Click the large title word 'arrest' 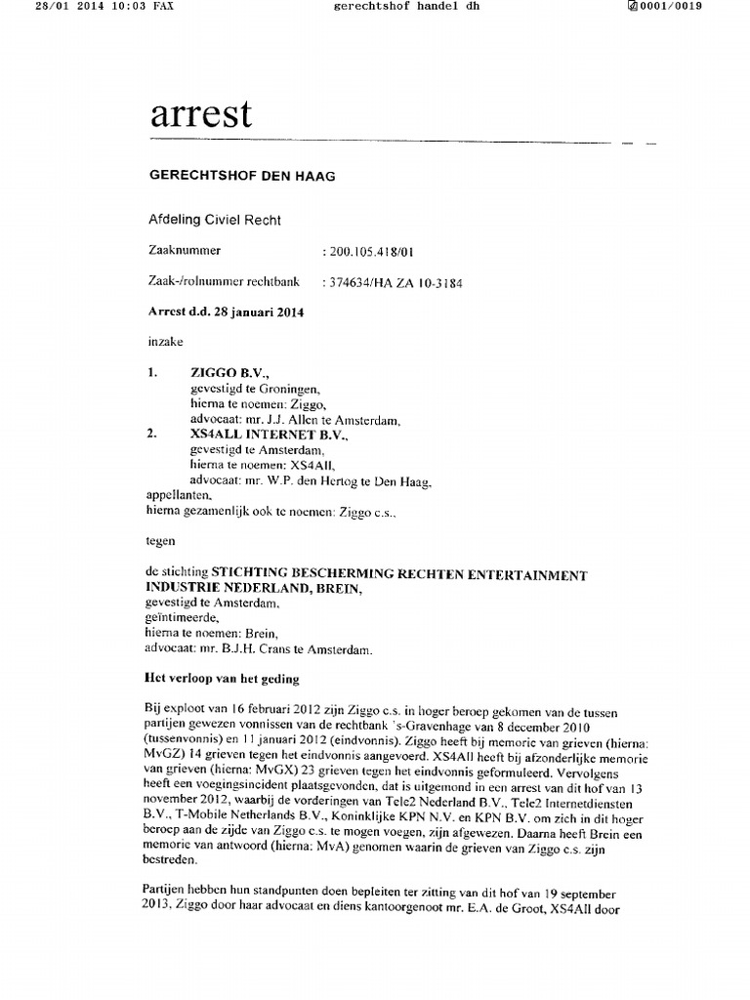(x=200, y=115)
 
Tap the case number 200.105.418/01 (x=374, y=252)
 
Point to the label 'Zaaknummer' (x=184, y=251)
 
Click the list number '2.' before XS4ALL (x=151, y=435)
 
